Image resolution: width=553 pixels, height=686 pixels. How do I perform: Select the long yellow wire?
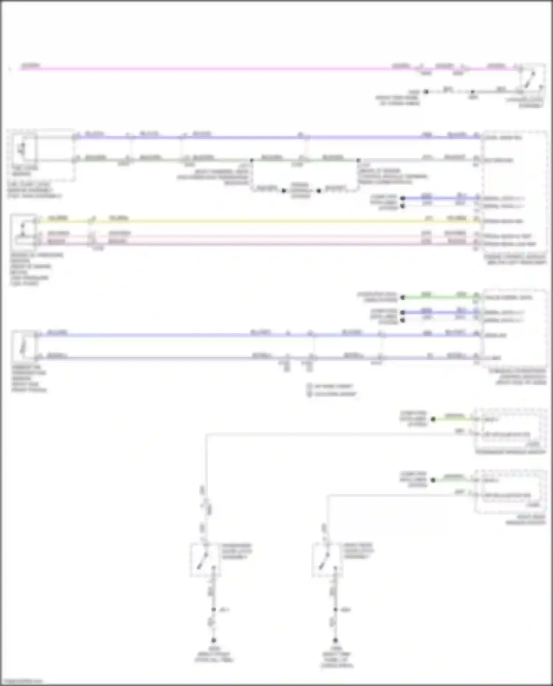[x=258, y=221]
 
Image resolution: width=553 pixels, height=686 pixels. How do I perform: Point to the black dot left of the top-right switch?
[x=426, y=91]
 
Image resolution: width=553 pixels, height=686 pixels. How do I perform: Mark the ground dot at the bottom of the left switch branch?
[x=213, y=640]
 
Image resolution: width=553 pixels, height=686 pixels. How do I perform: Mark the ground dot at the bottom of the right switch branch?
[x=335, y=640]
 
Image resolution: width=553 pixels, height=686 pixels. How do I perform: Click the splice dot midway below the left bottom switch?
[x=213, y=610]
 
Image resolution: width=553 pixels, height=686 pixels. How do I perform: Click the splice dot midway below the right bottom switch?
[x=335, y=610]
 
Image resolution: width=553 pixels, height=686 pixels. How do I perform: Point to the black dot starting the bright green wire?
[x=403, y=297]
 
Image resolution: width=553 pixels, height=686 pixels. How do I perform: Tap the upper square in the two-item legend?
[x=310, y=386]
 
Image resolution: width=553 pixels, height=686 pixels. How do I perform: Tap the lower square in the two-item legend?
[x=310, y=394]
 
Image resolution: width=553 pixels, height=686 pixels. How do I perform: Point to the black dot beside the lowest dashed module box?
[x=433, y=480]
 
